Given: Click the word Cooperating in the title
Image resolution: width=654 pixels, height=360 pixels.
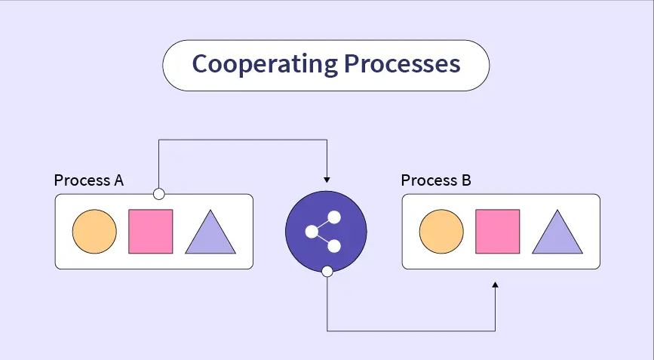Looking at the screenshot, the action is point(265,64).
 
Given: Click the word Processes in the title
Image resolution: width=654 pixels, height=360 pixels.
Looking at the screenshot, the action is point(402,64).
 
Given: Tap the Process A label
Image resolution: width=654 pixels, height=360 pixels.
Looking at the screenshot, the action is point(88,181).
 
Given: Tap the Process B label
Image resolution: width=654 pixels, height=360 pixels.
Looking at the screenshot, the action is point(436,181).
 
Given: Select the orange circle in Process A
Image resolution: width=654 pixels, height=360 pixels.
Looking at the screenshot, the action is point(94,232).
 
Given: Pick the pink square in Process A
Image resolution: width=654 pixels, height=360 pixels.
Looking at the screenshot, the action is point(151,232).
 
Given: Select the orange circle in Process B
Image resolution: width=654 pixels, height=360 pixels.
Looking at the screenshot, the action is point(441,232).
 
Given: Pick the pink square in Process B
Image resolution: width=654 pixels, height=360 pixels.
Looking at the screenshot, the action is point(497,232).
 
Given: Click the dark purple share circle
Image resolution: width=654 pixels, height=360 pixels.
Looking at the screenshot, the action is point(326,232).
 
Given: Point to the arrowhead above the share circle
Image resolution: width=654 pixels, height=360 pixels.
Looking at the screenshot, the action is point(326,180).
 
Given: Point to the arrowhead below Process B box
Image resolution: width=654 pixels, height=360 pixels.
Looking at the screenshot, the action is point(495,285).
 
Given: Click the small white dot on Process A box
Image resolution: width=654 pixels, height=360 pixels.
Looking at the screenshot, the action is point(158,194).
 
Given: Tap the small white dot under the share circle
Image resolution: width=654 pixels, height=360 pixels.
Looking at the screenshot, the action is point(327,271).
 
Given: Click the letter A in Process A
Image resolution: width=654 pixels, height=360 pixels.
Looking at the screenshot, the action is point(118,181).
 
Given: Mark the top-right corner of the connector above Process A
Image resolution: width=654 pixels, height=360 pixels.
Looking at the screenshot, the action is point(326,140).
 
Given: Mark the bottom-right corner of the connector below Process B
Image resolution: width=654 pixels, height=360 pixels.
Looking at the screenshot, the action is point(495,331).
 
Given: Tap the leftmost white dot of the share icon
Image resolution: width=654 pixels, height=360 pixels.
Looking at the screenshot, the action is point(311,232).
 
